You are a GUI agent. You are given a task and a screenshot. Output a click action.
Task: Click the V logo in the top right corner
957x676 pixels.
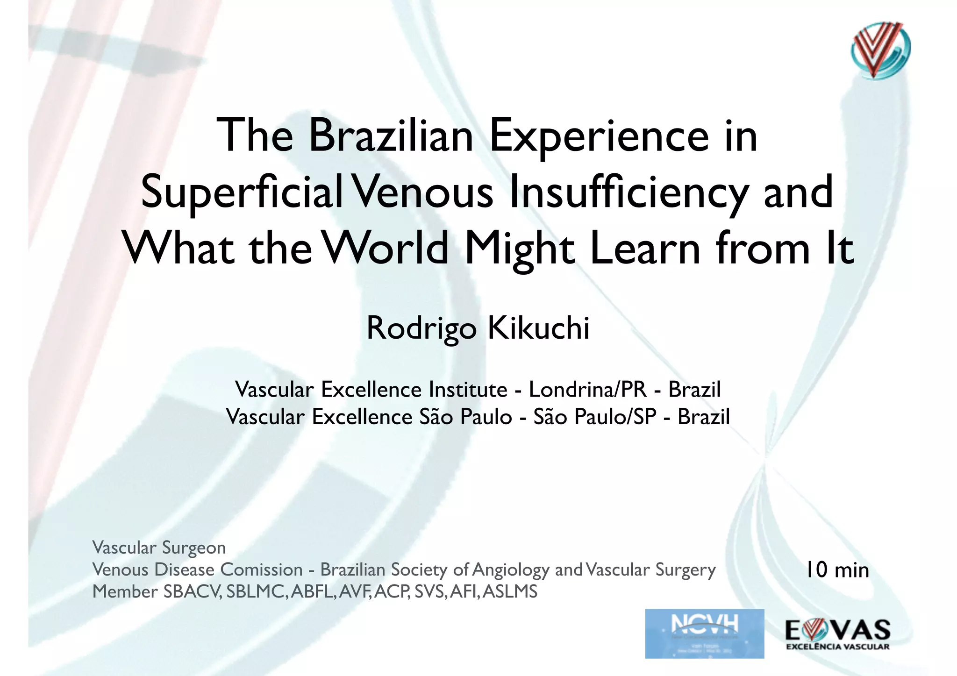(880, 50)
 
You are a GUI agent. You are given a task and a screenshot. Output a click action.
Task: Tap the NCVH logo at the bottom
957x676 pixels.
(704, 633)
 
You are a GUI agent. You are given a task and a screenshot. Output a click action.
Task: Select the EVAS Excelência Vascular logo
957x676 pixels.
(838, 634)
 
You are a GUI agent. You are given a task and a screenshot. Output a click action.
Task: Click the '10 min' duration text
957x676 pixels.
(837, 570)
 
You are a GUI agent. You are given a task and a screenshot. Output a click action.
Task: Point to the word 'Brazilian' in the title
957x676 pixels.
(391, 136)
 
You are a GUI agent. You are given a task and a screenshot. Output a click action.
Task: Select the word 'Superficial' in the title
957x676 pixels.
(242, 193)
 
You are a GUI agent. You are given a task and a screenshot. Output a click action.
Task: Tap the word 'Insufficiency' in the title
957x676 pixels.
(628, 193)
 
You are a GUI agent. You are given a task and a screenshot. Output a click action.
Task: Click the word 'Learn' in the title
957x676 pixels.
(645, 248)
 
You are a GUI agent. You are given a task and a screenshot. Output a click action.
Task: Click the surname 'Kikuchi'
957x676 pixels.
(538, 328)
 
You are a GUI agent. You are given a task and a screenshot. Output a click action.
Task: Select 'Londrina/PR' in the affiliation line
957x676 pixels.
(588, 390)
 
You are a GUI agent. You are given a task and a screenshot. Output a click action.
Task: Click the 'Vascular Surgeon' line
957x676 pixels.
(159, 548)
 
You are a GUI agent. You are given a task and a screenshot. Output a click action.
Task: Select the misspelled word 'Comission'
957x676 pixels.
(261, 569)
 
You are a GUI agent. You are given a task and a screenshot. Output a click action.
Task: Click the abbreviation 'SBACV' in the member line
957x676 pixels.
(192, 592)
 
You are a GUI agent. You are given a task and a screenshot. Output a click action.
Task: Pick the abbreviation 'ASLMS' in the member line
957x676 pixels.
(510, 592)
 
